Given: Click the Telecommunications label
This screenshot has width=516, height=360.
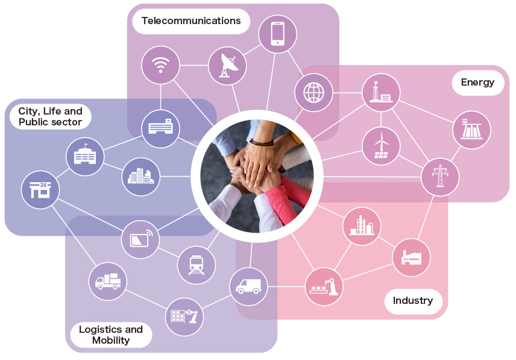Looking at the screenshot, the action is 191,21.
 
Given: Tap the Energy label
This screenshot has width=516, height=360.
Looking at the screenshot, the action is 478,82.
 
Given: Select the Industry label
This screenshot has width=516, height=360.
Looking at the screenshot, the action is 413,300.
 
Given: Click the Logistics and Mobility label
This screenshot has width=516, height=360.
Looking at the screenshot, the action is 111,335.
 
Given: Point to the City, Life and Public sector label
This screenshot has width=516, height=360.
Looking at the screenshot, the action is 51,116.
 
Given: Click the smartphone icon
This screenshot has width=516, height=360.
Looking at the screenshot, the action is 278,34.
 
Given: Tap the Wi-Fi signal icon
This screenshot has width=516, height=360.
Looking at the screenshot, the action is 160,65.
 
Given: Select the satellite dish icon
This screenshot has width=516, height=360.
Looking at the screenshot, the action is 227,66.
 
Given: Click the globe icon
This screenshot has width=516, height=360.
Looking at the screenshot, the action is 313,92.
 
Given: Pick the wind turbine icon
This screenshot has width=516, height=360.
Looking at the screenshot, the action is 381,146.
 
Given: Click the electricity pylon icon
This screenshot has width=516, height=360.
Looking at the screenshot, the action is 440,177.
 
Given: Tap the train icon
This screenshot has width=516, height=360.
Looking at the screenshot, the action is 197,265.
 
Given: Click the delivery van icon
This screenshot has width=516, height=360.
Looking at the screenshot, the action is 248,286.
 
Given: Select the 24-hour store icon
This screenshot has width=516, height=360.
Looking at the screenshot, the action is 40,190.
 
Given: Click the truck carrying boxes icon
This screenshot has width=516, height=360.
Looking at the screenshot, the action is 108,282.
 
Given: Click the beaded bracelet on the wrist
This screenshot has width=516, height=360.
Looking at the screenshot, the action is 262,143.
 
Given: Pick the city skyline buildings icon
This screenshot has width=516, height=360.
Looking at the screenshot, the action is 141,177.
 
